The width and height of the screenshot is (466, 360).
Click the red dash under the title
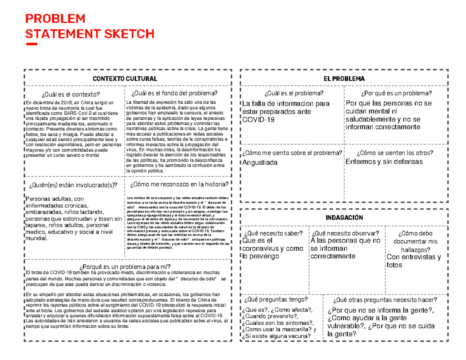point(31,44)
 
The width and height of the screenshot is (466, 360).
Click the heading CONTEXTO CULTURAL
point(125,79)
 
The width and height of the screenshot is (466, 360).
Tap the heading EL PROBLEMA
point(344,79)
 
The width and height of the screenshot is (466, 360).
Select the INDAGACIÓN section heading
point(344,217)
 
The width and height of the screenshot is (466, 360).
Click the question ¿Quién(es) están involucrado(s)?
point(73,184)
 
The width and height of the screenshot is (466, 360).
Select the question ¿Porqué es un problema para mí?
point(125,266)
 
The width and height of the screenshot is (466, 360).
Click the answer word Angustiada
point(260,162)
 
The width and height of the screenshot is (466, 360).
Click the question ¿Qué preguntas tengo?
point(275,300)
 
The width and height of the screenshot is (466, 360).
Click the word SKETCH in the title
point(128,34)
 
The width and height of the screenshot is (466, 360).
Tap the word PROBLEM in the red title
point(55,18)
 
